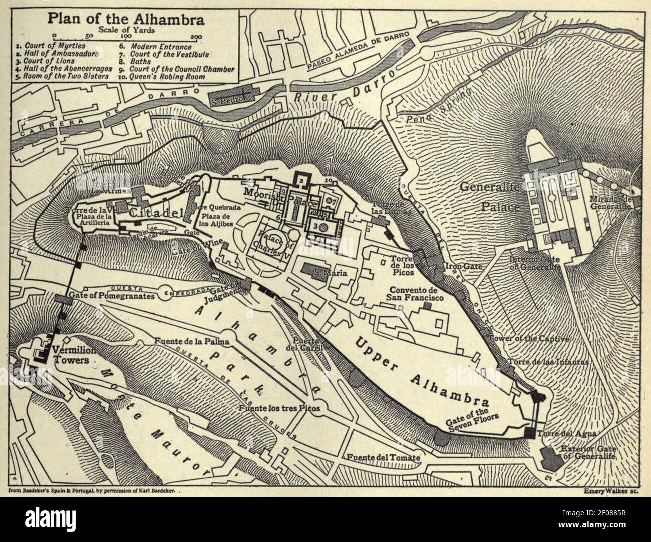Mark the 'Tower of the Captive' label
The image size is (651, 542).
pyautogui.click(x=531, y=339)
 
